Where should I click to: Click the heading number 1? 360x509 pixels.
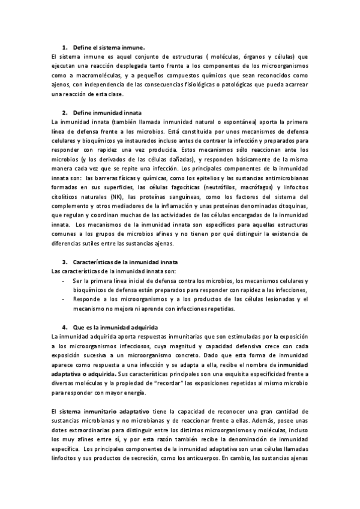[65, 46]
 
